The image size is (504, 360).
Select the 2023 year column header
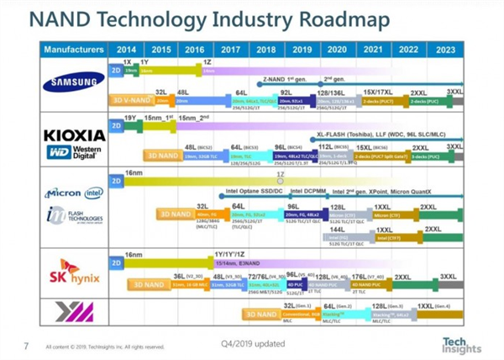[x=446, y=50]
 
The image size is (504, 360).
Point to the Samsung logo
[x=72, y=82]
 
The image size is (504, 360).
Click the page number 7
[x=26, y=345]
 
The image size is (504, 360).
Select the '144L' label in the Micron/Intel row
[x=338, y=229]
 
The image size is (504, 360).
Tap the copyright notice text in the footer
[x=104, y=346]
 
